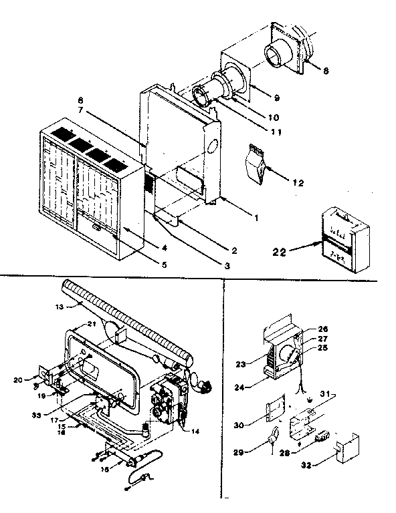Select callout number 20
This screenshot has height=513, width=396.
point(17,380)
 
